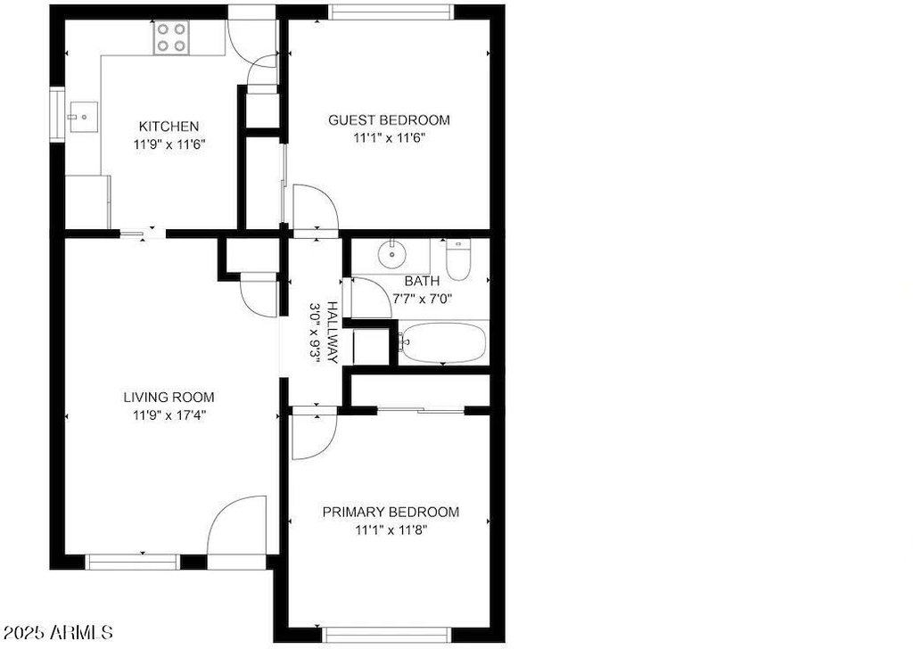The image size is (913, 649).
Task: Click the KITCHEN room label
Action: [x=169, y=127]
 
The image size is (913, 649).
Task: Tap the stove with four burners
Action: [x=171, y=37]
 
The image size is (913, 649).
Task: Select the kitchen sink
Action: [x=83, y=117]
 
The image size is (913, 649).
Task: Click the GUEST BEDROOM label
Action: [x=389, y=120]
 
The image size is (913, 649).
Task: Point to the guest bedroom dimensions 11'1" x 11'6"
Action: [x=389, y=138]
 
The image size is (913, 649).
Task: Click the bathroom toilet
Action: [x=458, y=259]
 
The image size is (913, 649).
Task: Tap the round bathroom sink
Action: [x=392, y=254]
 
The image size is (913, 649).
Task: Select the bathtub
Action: [x=443, y=342]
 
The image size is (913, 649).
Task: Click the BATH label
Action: [x=422, y=281]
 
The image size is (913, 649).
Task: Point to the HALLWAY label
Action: [x=333, y=333]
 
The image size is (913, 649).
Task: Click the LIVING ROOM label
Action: [x=169, y=398]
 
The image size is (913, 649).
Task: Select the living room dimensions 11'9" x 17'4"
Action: [x=169, y=415]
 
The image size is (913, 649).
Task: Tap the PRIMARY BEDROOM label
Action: [x=391, y=513]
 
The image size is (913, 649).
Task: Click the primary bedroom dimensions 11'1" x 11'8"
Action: [x=391, y=530]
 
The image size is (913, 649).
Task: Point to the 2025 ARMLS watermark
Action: [x=58, y=632]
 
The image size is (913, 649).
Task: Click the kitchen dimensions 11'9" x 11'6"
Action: [x=169, y=144]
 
